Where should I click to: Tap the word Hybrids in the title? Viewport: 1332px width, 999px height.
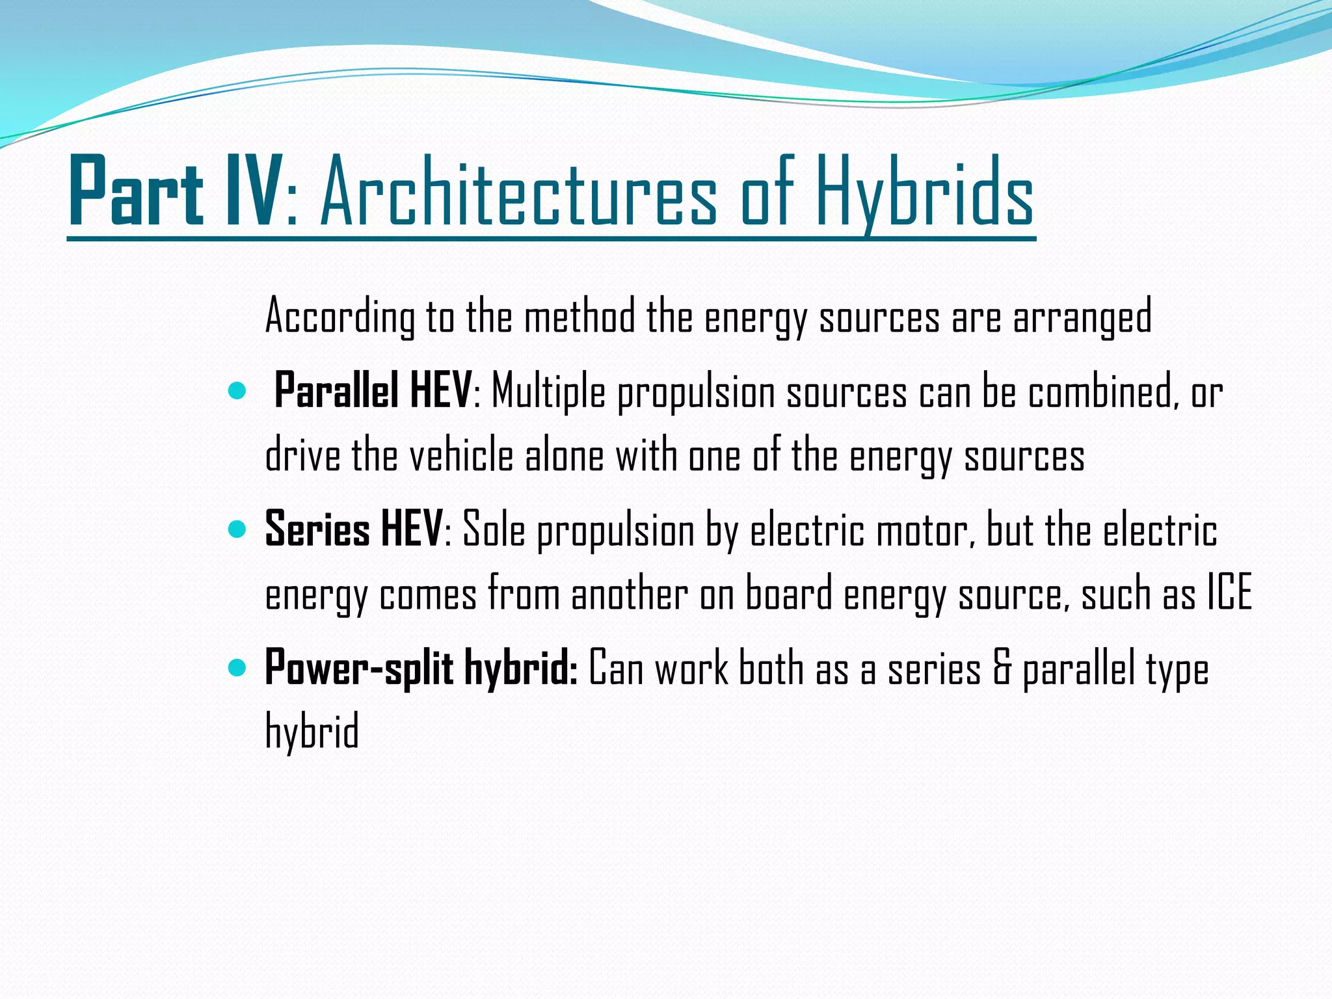tap(924, 193)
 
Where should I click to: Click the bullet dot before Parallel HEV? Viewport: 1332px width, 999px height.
tap(237, 391)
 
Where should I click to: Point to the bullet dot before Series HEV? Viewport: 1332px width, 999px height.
tap(237, 529)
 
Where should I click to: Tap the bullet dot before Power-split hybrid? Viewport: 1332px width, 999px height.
tap(237, 667)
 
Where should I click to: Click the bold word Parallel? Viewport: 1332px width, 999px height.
tap(336, 391)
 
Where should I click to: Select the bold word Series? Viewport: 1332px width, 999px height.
tap(317, 529)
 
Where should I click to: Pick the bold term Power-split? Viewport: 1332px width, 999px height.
tap(358, 668)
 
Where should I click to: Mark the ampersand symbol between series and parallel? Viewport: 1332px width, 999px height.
tap(1002, 669)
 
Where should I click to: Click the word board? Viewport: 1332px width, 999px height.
tap(788, 593)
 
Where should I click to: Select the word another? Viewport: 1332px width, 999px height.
tap(629, 593)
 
